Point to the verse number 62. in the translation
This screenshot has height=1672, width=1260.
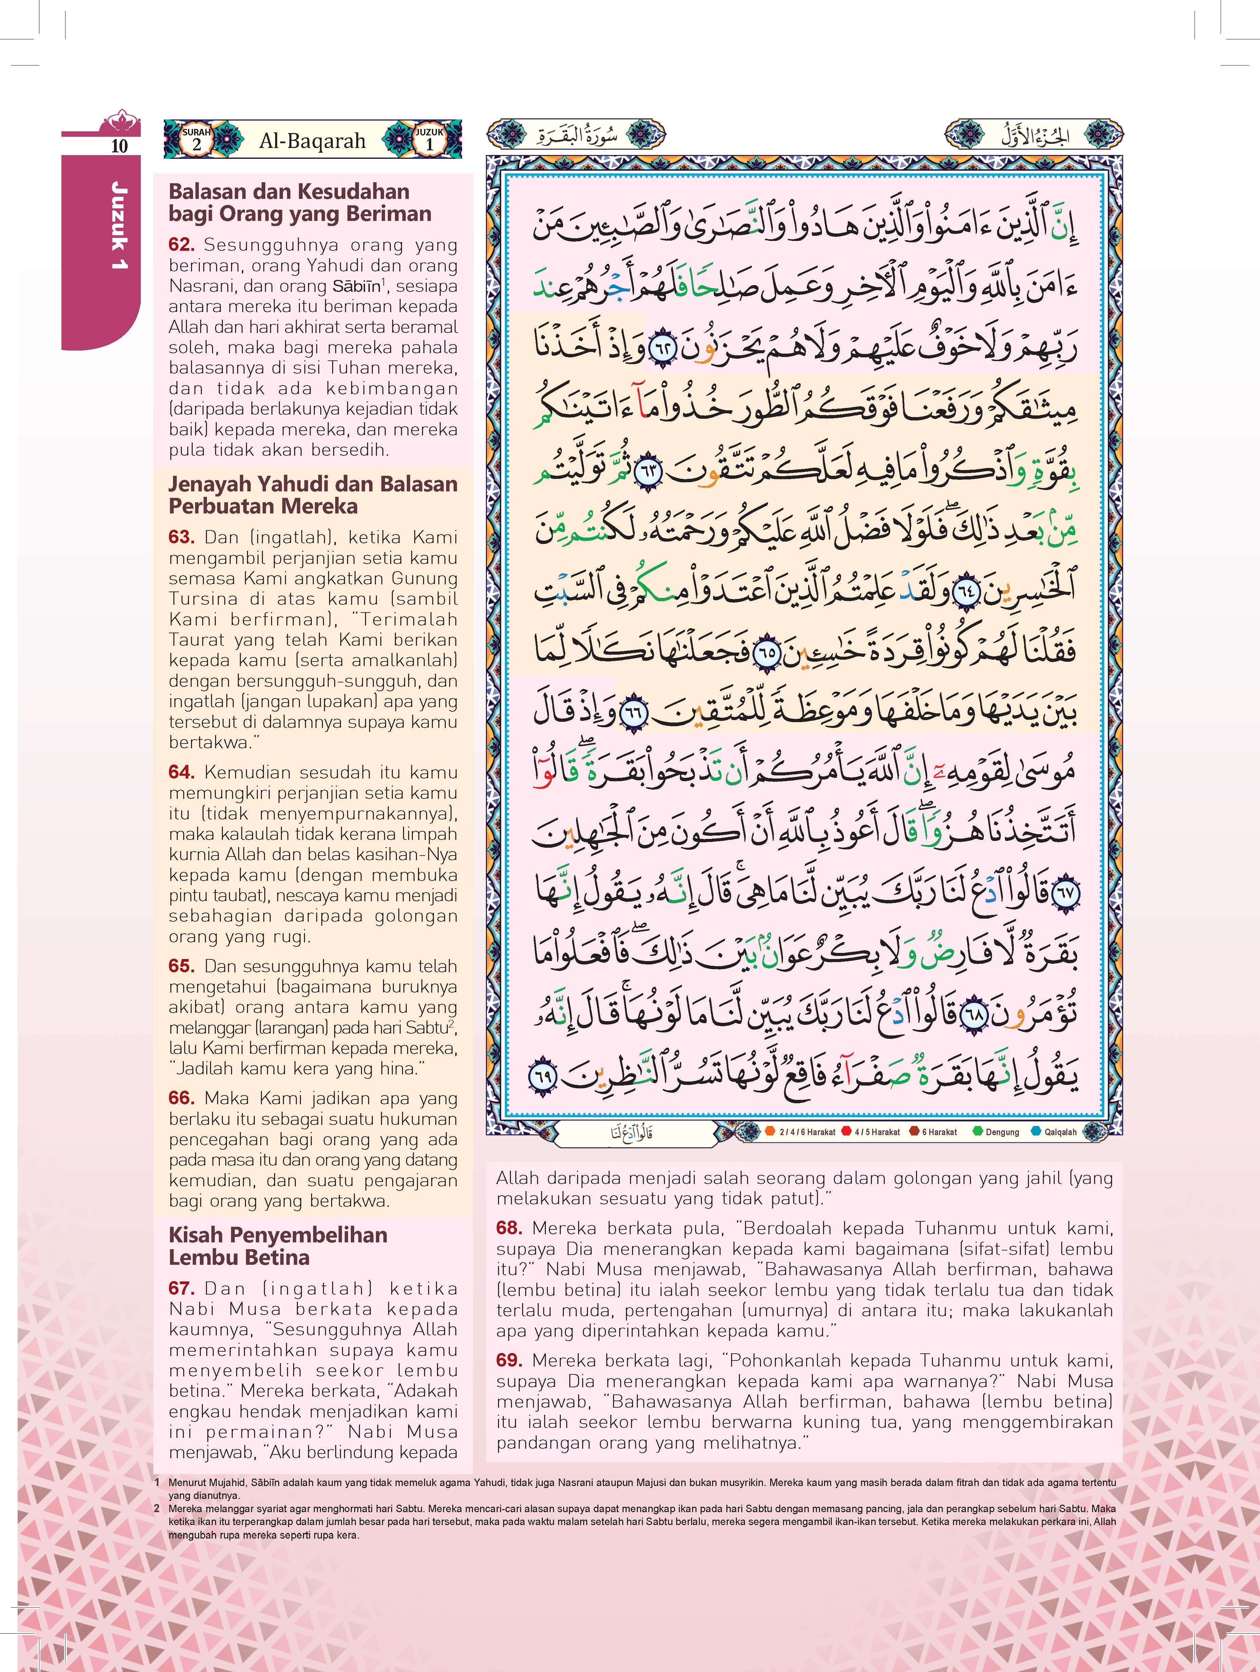[x=182, y=245]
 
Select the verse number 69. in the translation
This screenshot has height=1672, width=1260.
[x=510, y=1360]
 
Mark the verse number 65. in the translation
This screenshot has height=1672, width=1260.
[x=182, y=966]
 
